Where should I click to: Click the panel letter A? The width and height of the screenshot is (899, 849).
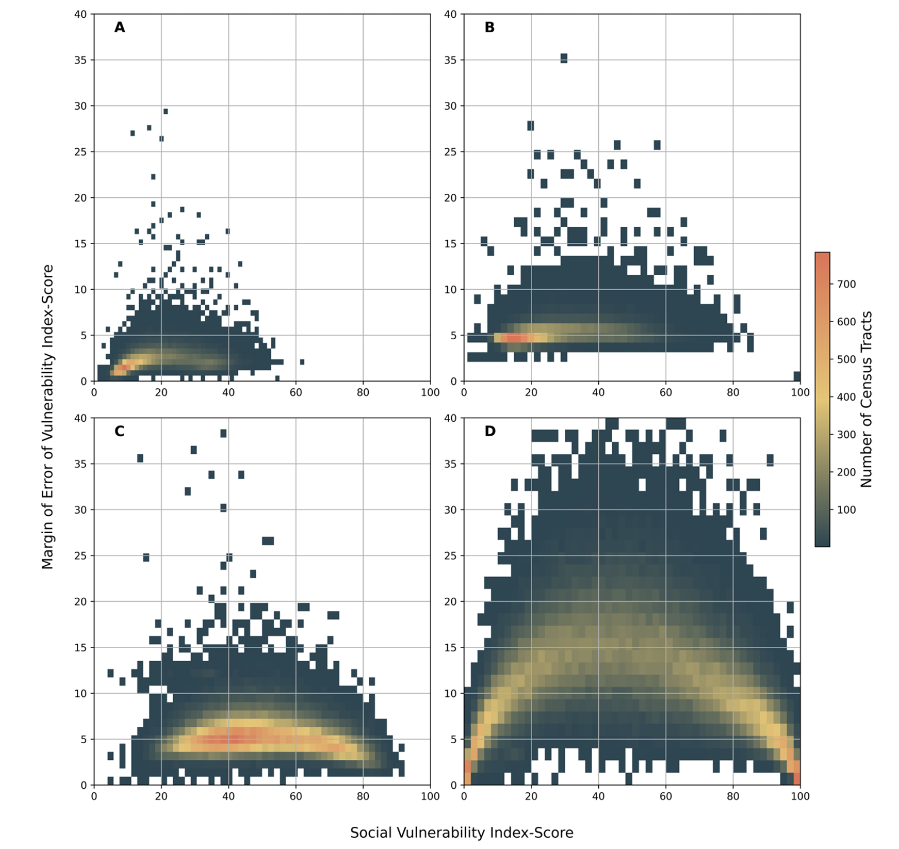pyautogui.click(x=119, y=27)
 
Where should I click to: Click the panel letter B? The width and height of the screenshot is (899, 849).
pyautogui.click(x=490, y=27)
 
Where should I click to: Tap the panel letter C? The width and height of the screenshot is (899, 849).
pyautogui.click(x=119, y=431)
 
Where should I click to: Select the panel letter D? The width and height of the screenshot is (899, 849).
pyautogui.click(x=490, y=431)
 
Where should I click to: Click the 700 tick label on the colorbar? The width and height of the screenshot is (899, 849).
pyautogui.click(x=846, y=284)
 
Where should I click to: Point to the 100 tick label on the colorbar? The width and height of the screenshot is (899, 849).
pyautogui.click(x=846, y=510)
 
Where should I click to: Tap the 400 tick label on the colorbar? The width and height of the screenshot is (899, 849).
pyautogui.click(x=846, y=397)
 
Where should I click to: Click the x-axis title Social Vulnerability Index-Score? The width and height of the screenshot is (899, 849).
pyautogui.click(x=461, y=833)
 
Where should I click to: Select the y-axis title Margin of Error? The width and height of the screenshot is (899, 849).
pyautogui.click(x=48, y=416)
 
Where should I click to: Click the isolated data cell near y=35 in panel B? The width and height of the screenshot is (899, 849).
pyautogui.click(x=564, y=58)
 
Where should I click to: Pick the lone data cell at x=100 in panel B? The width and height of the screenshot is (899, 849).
pyautogui.click(x=797, y=376)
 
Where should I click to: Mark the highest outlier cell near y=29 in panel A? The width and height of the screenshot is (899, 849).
pyautogui.click(x=165, y=111)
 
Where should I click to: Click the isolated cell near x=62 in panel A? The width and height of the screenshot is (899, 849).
pyautogui.click(x=302, y=362)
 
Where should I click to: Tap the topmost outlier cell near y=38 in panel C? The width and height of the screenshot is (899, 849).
pyautogui.click(x=223, y=433)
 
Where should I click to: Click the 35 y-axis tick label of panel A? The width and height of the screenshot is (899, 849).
pyautogui.click(x=81, y=60)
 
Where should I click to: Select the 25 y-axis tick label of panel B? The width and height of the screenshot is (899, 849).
pyautogui.click(x=451, y=152)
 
